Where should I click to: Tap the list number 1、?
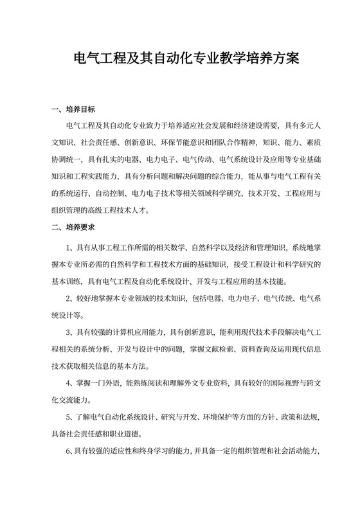click(70, 247)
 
